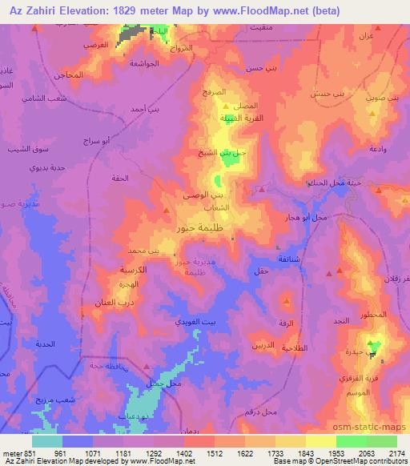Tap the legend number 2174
[x=396, y=452]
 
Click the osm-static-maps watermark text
[x=373, y=428]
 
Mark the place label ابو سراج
[x=96, y=140]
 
